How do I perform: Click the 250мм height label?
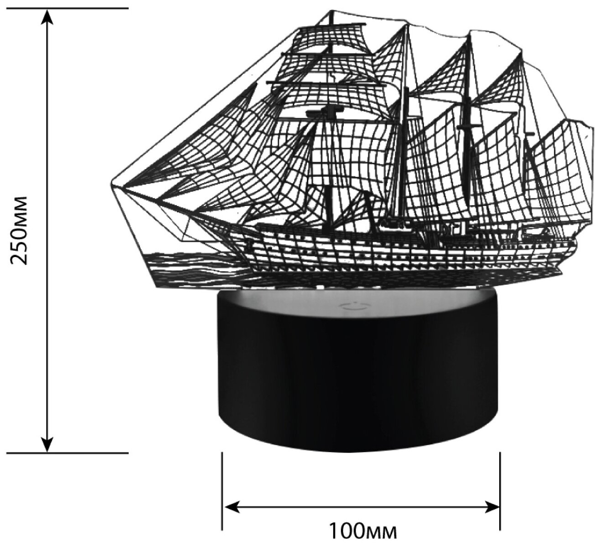coord(21,230)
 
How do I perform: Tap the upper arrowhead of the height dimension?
coord(47,16)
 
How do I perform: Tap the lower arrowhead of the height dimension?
coord(47,444)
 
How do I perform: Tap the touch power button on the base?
coord(349,306)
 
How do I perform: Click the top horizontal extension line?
coord(68,9)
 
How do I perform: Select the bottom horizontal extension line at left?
coord(68,453)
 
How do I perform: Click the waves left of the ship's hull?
coord(191,269)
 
